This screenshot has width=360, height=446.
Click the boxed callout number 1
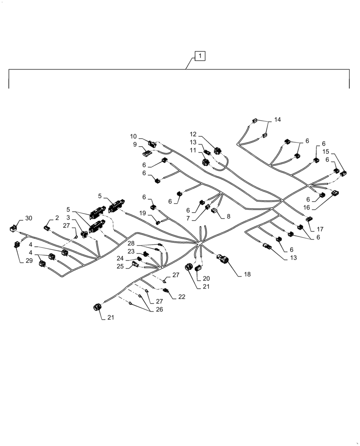point(200,56)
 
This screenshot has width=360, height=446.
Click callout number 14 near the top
point(278,120)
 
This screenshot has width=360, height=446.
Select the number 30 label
point(29,218)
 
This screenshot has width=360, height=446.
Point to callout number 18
point(247,274)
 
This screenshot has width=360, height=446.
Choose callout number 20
point(206,278)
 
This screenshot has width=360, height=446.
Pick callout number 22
point(182,297)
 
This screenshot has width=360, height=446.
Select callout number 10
point(133,136)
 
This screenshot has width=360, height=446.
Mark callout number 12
point(193,134)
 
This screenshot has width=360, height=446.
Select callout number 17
point(320,229)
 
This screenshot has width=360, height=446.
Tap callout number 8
point(228,216)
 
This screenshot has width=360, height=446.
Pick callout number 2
point(57,218)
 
